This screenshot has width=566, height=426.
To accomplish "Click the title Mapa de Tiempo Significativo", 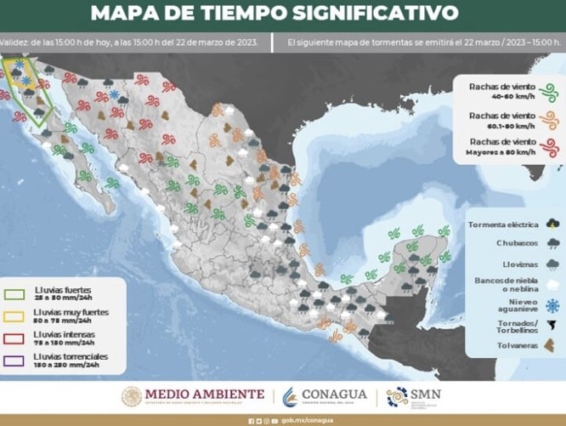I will [x=274, y=13].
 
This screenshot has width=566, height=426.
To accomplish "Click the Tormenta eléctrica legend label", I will [x=502, y=224].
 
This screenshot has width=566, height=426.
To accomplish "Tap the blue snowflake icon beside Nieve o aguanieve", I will [x=553, y=304].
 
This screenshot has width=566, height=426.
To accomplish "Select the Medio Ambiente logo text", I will [x=205, y=394].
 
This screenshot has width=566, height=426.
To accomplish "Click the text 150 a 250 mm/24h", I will [x=62, y=364].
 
